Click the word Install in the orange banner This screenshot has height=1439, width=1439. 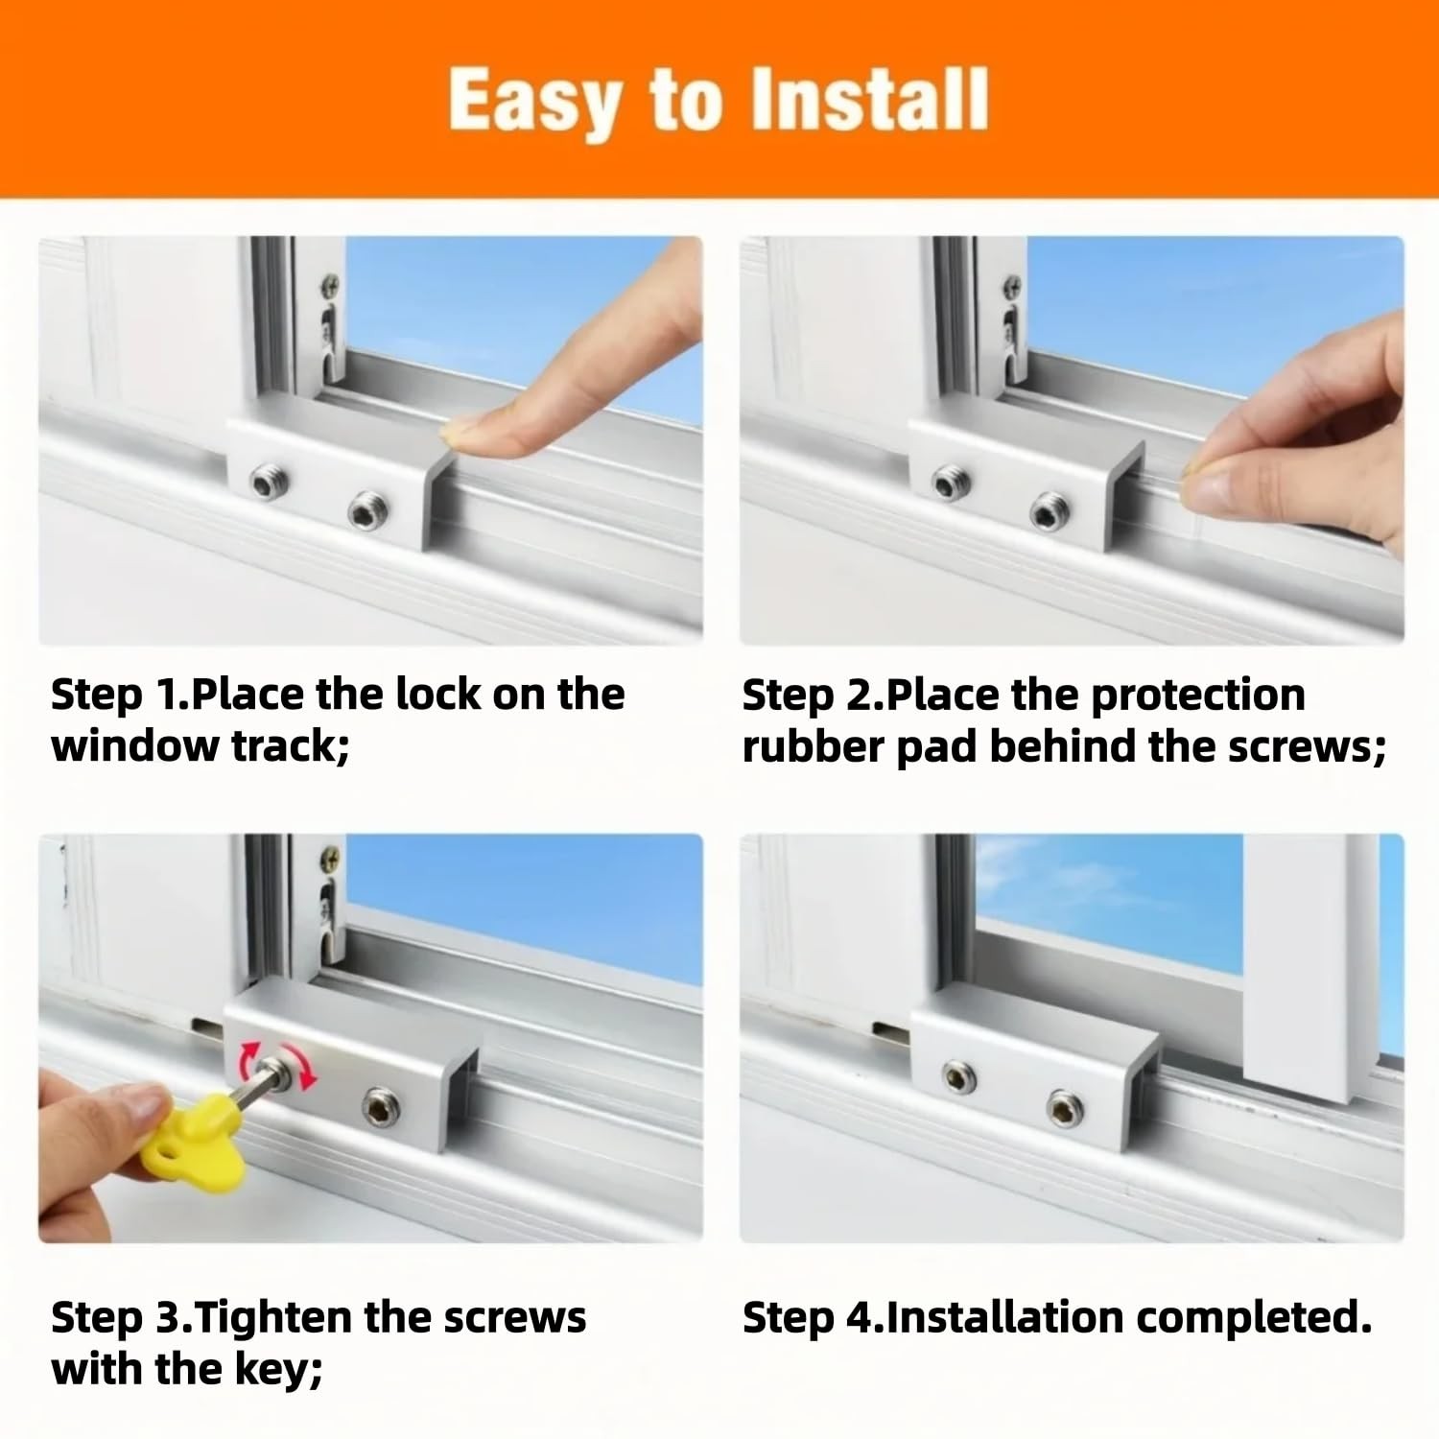pyautogui.click(x=869, y=99)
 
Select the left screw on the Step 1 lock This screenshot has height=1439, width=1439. pyautogui.click(x=267, y=482)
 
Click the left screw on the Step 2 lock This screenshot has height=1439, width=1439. pyautogui.click(x=951, y=482)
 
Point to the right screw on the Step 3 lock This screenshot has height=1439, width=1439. pyautogui.click(x=381, y=1110)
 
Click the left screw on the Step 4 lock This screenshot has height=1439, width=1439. pyautogui.click(x=958, y=1077)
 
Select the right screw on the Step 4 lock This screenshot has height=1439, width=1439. pyautogui.click(x=1064, y=1110)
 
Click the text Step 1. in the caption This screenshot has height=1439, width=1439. pyautogui.click(x=120, y=696)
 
